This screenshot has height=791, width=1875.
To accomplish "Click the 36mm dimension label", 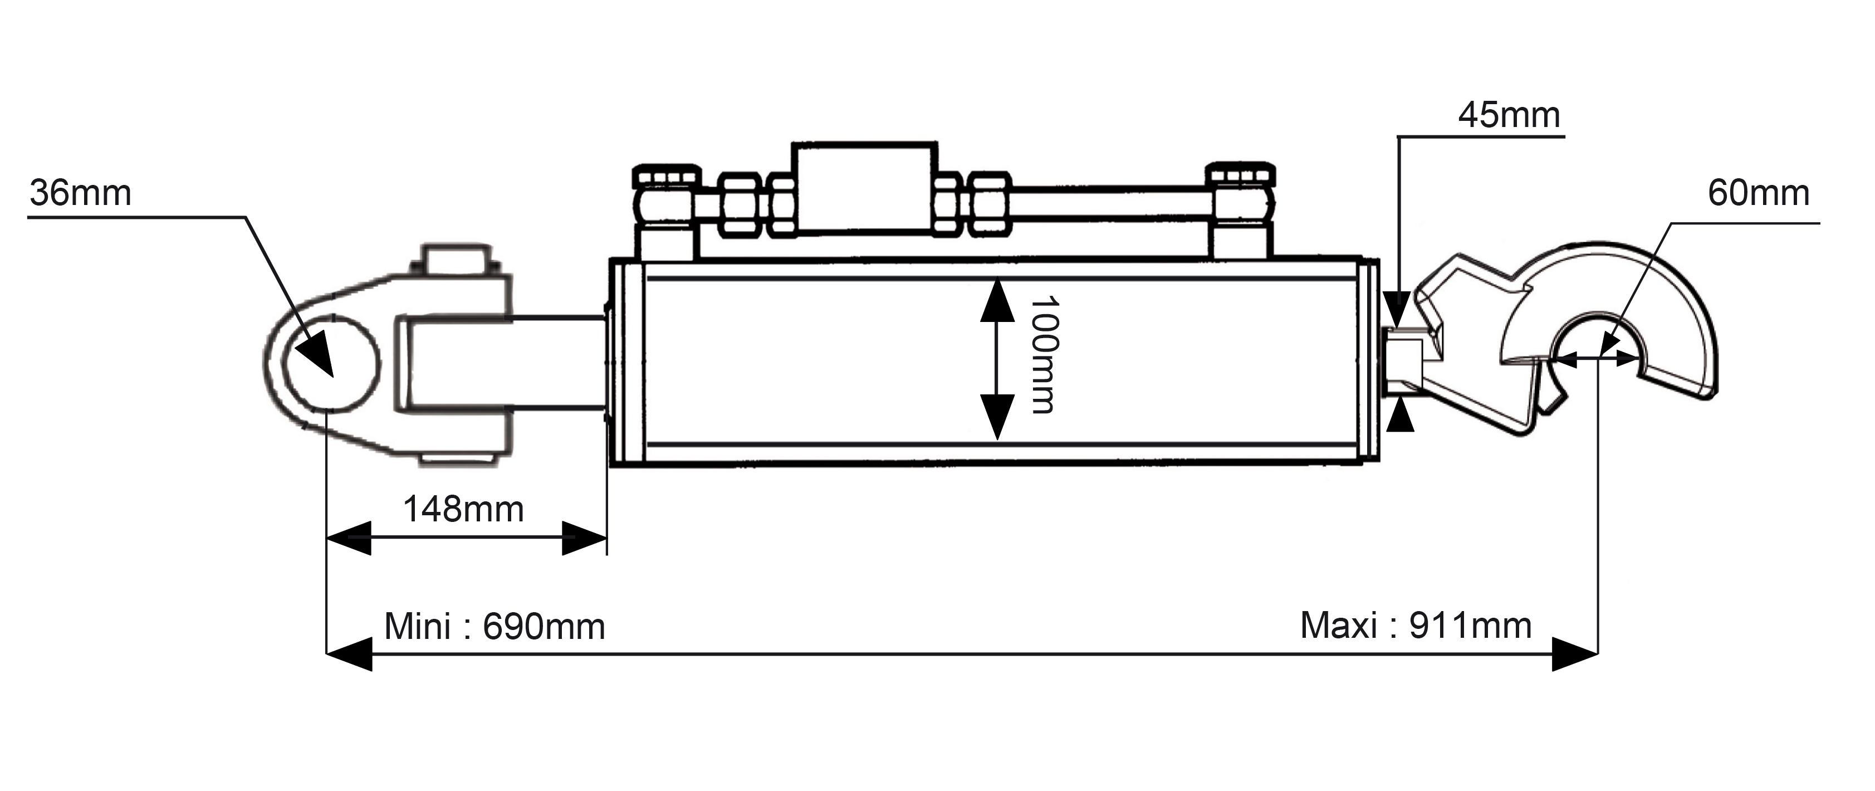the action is [80, 194].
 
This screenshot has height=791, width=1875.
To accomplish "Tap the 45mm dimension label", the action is [1509, 115].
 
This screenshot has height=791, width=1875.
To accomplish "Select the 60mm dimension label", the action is [1759, 193].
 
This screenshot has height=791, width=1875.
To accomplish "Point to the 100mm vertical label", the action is [1043, 355].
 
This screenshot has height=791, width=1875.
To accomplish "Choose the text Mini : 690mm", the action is [494, 626].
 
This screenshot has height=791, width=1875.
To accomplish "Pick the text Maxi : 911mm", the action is [1416, 626].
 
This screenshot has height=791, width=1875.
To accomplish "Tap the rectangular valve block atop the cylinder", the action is [864, 187].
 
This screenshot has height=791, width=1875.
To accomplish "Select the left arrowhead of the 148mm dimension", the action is [349, 538].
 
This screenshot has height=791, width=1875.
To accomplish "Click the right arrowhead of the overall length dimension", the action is [1575, 654].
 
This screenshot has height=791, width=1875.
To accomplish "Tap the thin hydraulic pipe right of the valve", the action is [1109, 202].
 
